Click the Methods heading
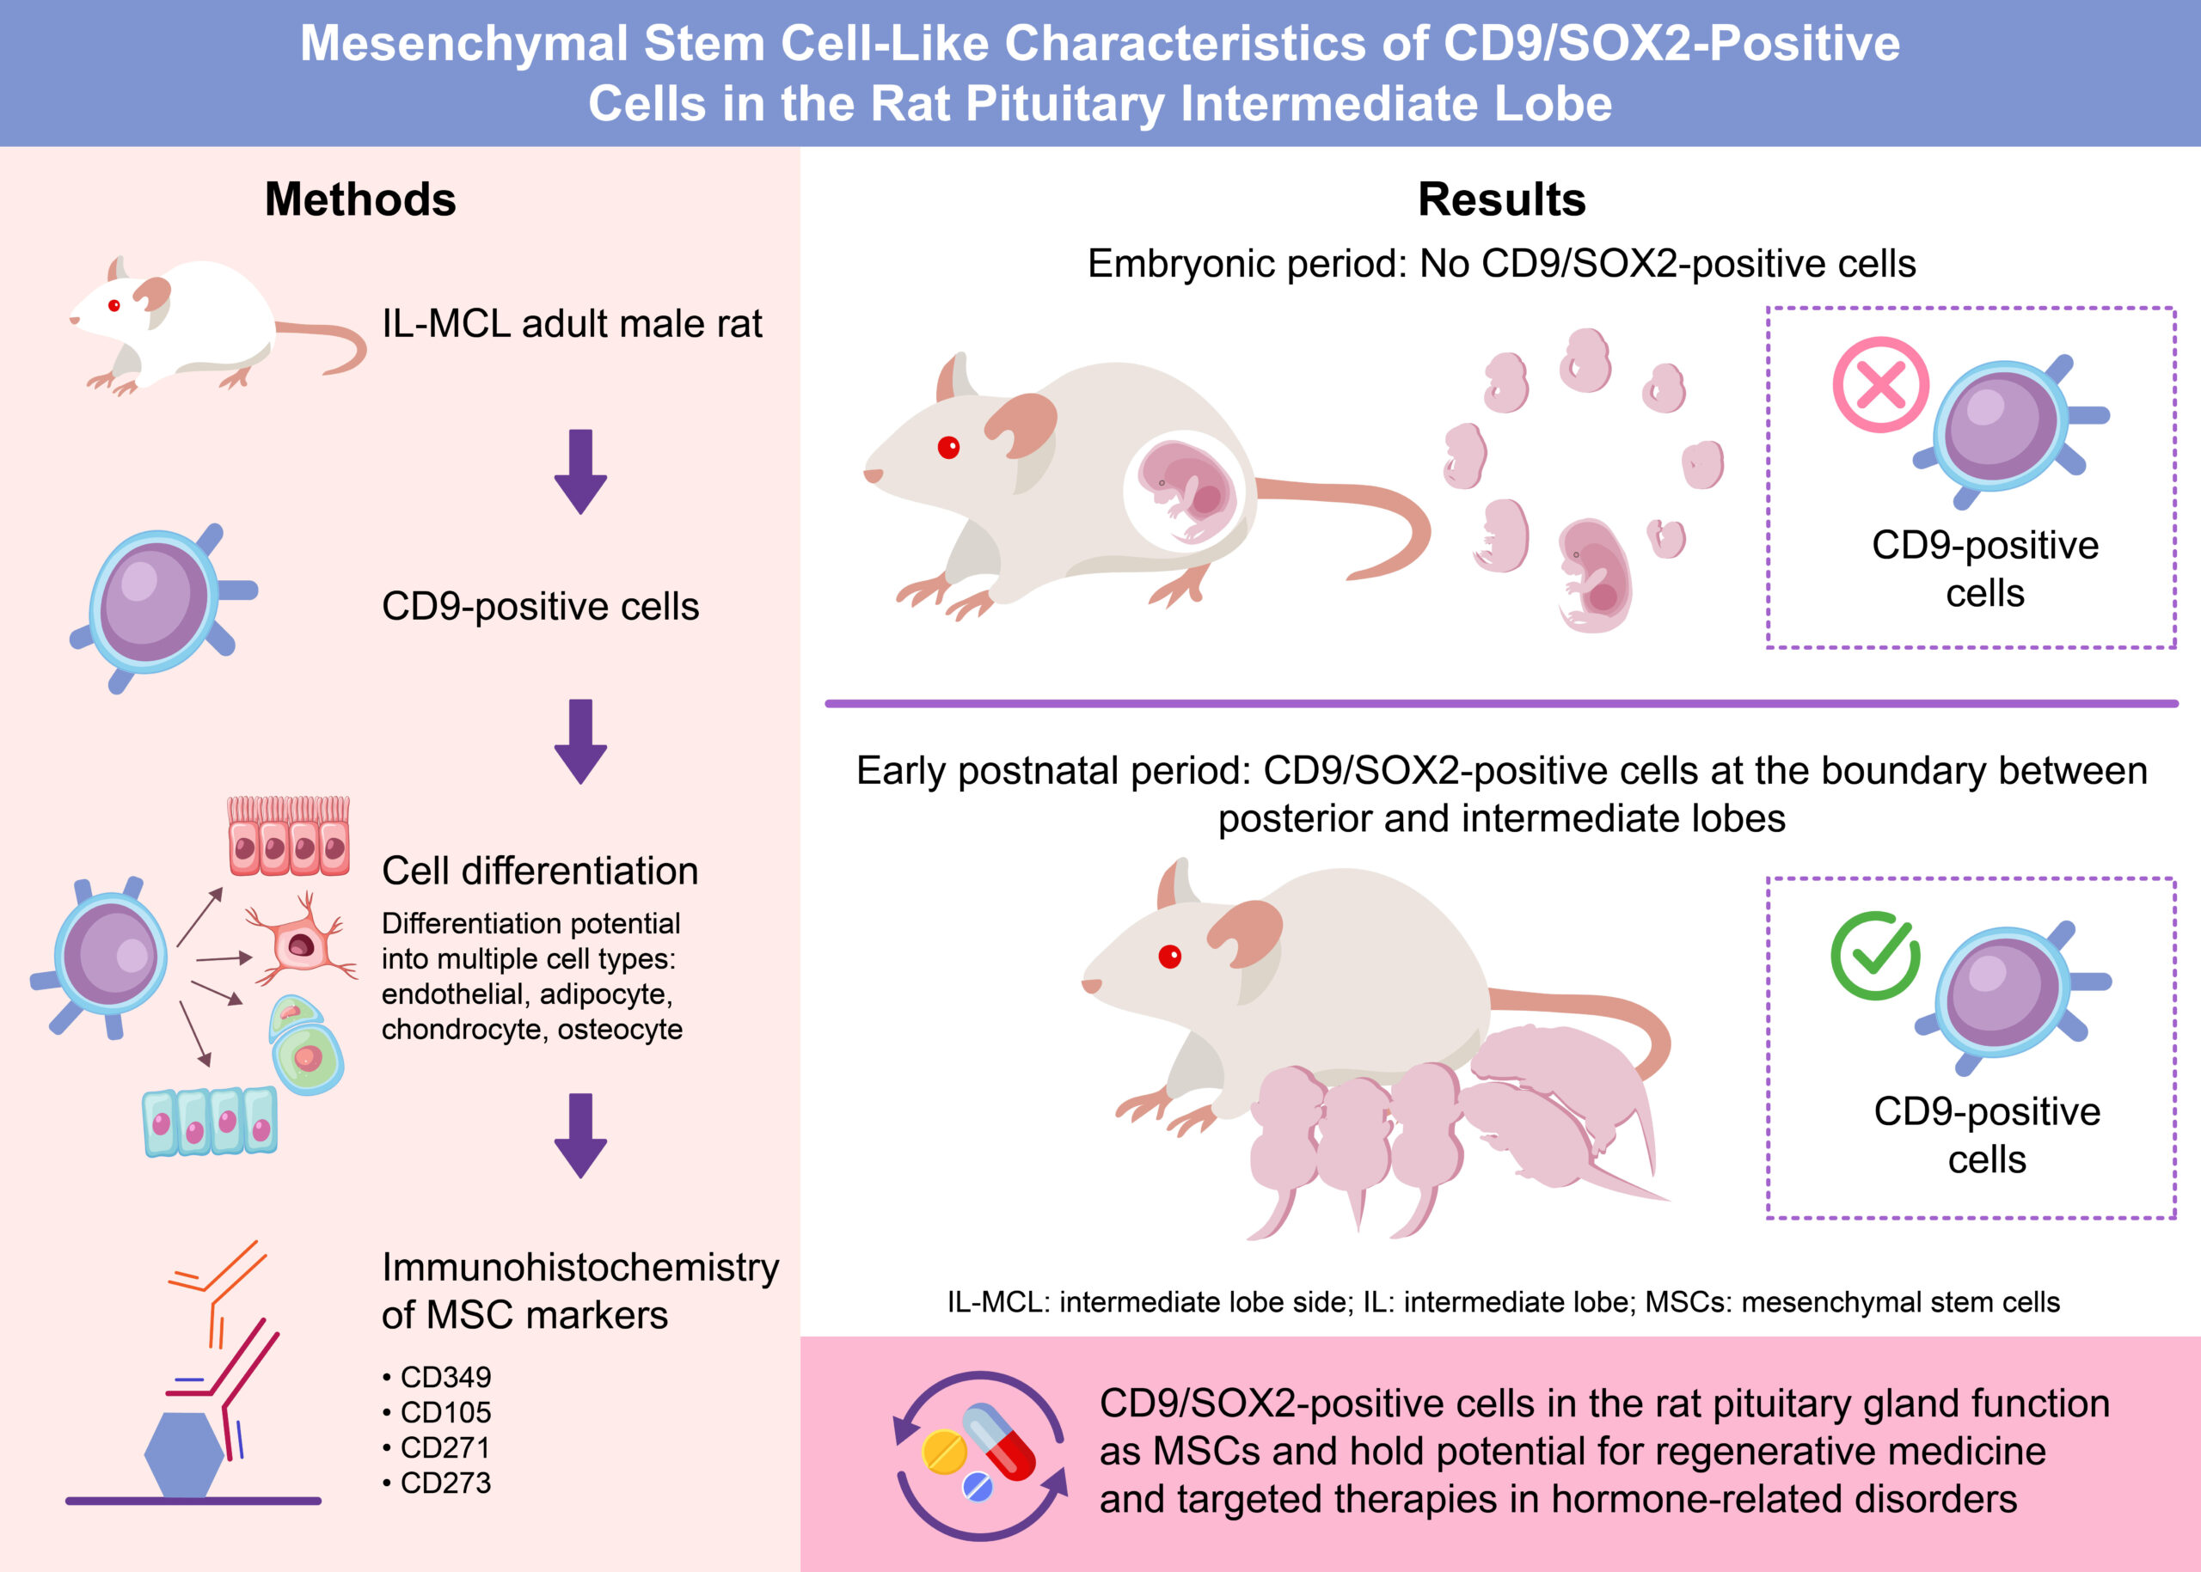pos(360,199)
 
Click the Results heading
pos(1502,199)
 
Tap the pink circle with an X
pos(1880,384)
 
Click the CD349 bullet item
pos(444,1377)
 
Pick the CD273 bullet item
pos(444,1482)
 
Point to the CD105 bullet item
pos(444,1411)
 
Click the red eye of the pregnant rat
pos(949,447)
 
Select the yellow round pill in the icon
pos(943,1452)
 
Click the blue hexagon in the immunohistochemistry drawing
pos(184,1455)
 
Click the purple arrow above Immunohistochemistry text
pos(580,1135)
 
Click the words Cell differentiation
pos(539,872)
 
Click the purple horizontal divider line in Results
pos(1501,704)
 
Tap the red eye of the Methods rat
pos(114,306)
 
